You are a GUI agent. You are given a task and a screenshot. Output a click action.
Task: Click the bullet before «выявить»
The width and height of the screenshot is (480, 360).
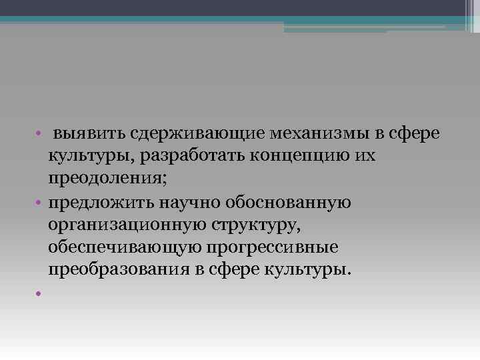coord(41,134)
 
